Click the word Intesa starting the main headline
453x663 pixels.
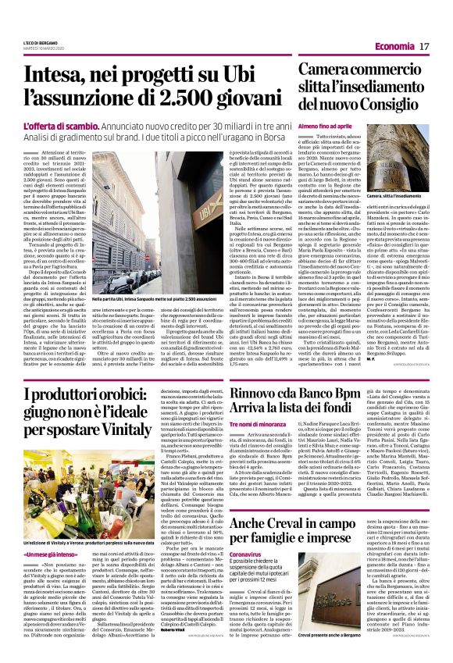coord(55,76)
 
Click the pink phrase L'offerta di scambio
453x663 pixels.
coord(53,127)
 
